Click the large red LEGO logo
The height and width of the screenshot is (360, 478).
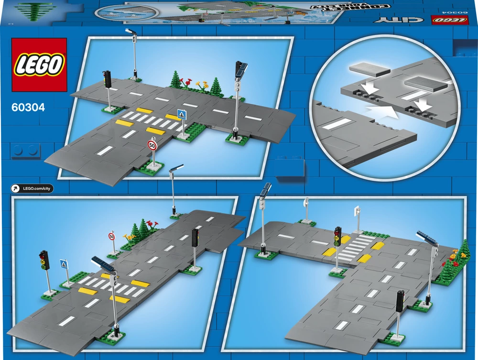point(39,65)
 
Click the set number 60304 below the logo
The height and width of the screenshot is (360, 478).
point(28,108)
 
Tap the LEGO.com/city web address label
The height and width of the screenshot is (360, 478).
point(33,189)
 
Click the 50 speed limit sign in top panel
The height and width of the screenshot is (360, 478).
point(152,145)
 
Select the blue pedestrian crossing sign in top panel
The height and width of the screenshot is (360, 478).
point(181,114)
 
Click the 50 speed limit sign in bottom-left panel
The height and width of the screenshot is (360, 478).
point(112,236)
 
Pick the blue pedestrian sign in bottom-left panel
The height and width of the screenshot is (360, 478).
point(64,264)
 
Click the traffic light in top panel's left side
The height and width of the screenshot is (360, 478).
point(108,79)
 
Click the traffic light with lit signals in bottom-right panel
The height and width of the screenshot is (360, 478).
point(338,236)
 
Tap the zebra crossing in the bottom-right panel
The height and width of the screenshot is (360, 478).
point(356,246)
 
